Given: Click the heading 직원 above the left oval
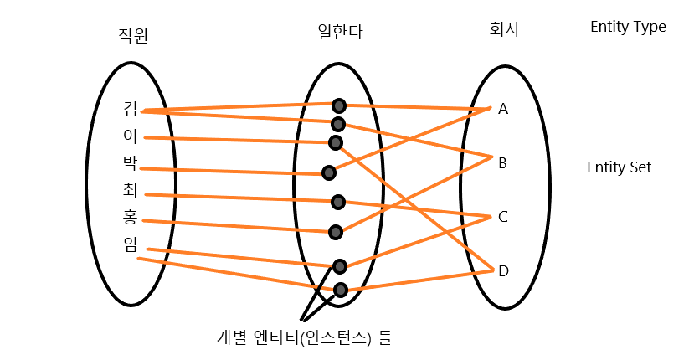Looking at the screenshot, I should pos(134,35).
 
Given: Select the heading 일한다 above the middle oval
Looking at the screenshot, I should pos(340,32).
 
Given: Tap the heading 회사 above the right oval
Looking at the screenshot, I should pos(504,30).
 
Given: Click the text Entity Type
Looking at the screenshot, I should pos(628,27).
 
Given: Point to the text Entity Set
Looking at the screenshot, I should pos(620,167).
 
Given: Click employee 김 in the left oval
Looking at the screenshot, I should pos(130,108).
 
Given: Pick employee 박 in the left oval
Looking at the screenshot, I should pos(130,162).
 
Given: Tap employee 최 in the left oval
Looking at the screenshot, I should pos(130,190).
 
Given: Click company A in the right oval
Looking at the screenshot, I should pos(503,109).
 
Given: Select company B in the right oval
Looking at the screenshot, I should pos(503,163).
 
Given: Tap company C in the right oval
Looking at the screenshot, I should pos(503,217).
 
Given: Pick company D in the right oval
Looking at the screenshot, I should pos(503,271).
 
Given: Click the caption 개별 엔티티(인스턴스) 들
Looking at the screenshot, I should pos(304,338).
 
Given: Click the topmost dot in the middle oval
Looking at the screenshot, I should pos(338,105).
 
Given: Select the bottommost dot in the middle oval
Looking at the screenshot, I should pos(340,291).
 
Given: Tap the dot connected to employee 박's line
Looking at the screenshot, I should pos(329,172).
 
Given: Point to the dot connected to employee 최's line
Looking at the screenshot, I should pos(337,202).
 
